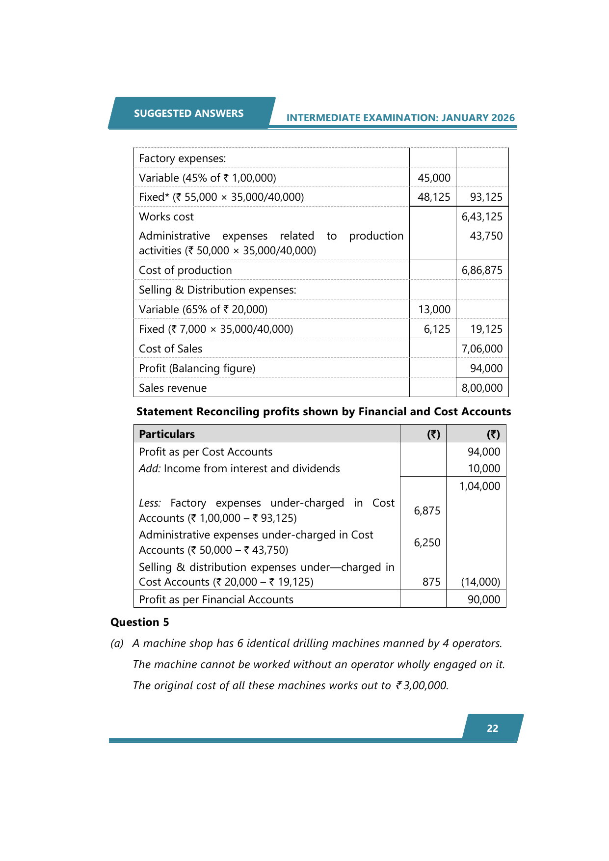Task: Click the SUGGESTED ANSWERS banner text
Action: (188, 113)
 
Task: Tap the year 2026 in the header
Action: (503, 118)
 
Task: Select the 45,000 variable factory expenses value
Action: (434, 178)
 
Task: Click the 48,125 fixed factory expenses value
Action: (434, 197)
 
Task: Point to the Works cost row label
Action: (166, 217)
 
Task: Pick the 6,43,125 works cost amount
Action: (482, 217)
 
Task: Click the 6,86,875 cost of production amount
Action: (482, 270)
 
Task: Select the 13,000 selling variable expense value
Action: (434, 310)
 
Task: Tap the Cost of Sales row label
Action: (170, 349)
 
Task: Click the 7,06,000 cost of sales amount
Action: (482, 349)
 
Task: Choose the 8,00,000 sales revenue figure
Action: (482, 388)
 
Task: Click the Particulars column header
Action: (167, 434)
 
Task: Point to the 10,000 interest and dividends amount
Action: (484, 469)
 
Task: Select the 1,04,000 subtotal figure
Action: (479, 486)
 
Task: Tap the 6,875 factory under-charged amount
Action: (427, 511)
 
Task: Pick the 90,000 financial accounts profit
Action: (484, 600)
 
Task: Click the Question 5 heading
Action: (139, 622)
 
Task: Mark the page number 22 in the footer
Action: (492, 728)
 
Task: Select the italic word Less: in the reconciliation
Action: (150, 503)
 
